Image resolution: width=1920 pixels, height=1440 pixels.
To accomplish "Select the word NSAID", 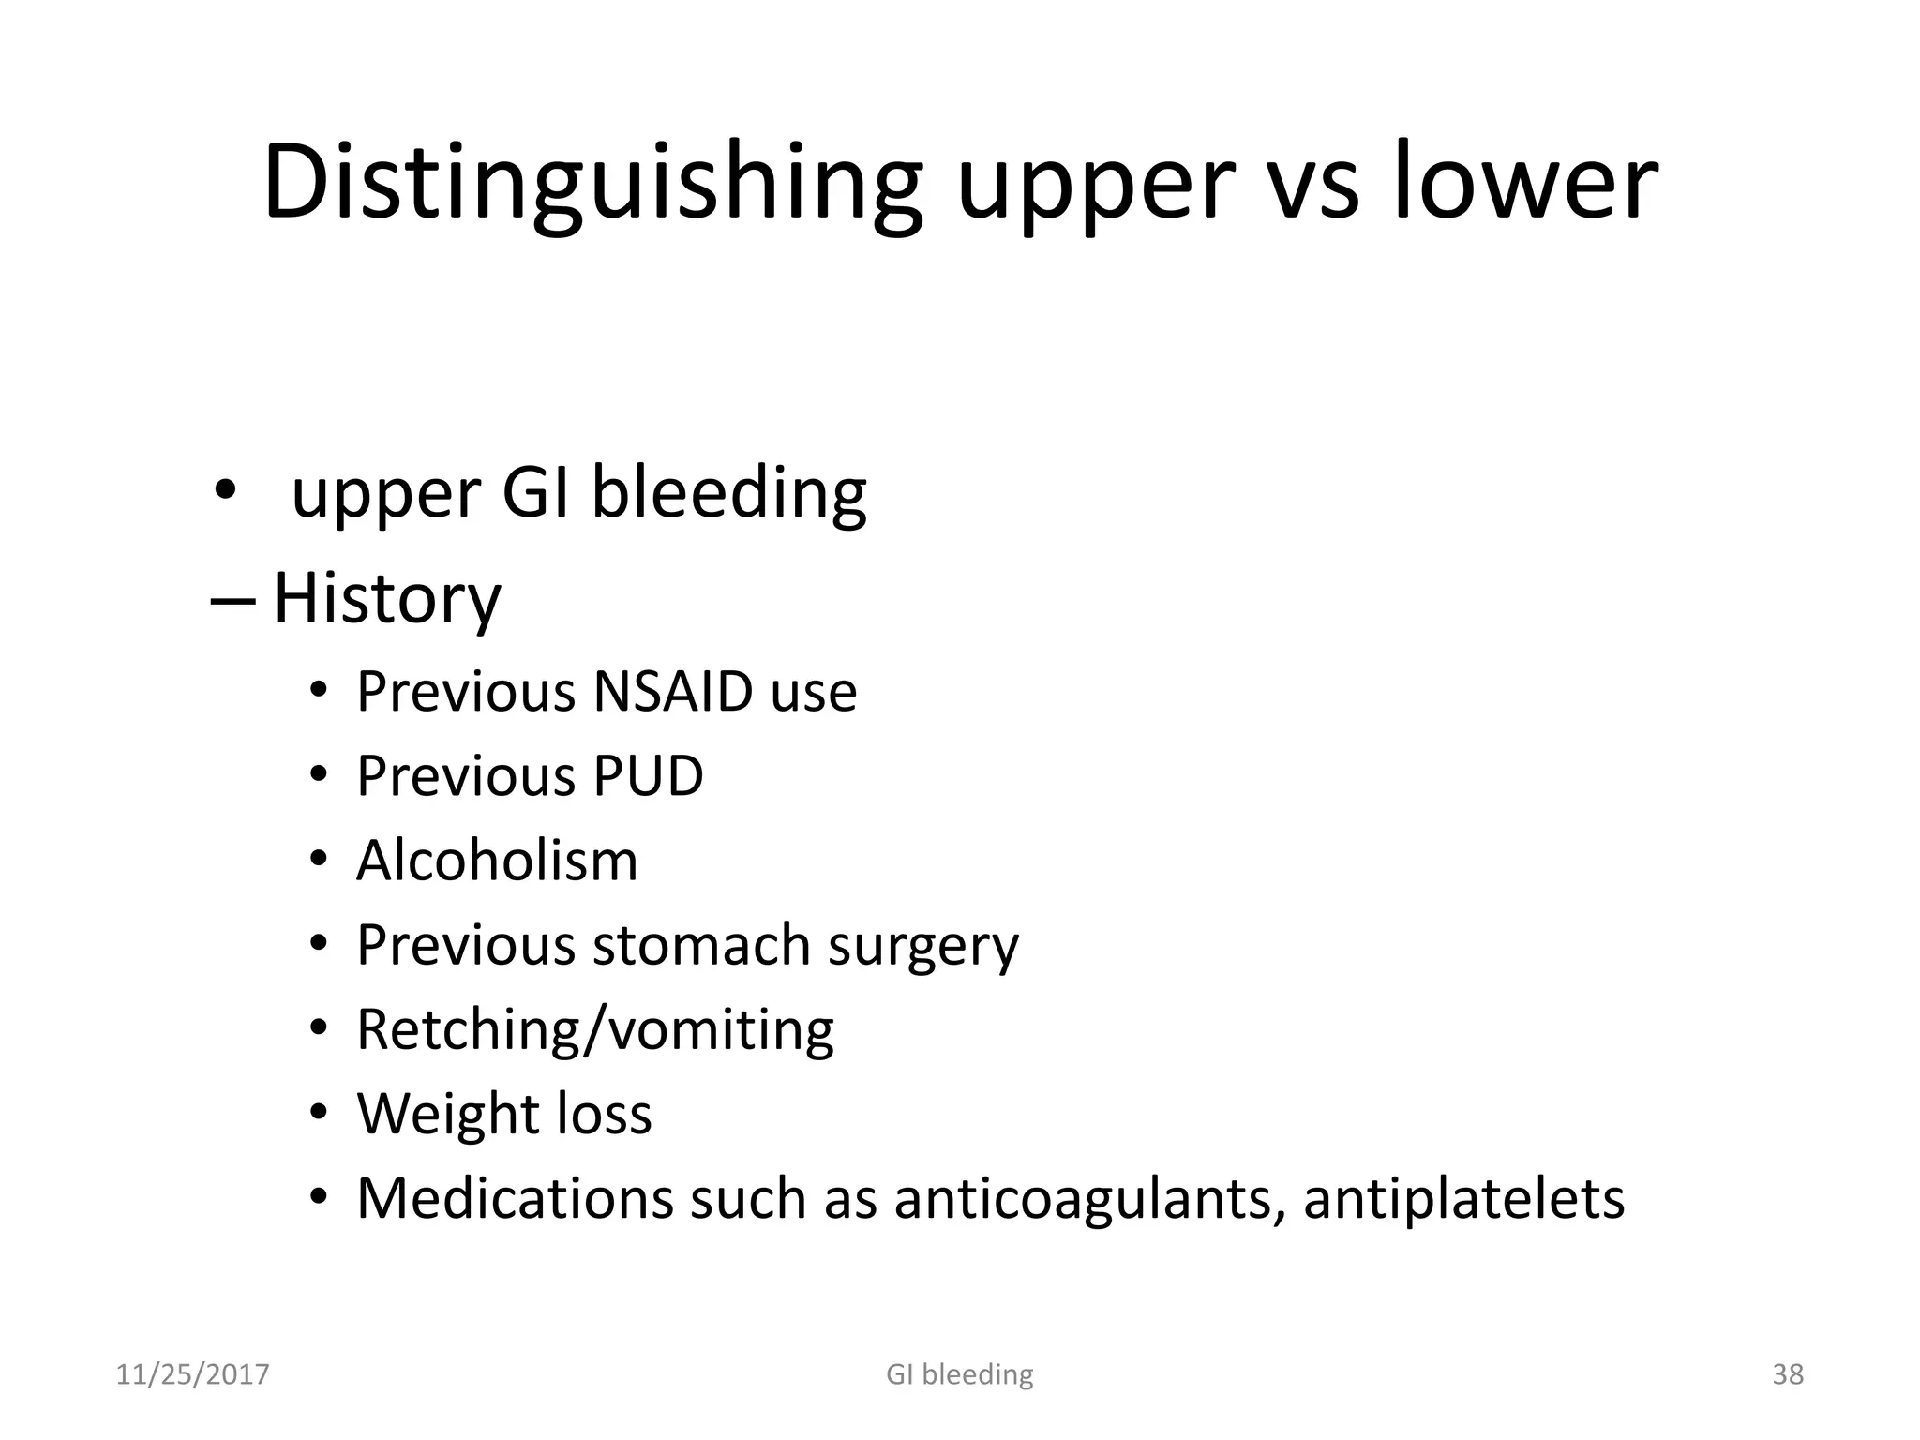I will pyautogui.click(x=673, y=692).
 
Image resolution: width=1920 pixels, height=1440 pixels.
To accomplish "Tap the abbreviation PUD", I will pyautogui.click(x=648, y=776).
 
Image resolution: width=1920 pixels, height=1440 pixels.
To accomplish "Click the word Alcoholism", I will pyautogui.click(x=497, y=861).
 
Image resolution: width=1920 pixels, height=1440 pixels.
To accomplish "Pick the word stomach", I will pyautogui.click(x=701, y=945).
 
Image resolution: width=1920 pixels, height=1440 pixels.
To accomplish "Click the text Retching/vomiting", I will pyautogui.click(x=595, y=1030).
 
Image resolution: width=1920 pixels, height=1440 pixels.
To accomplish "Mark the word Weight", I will pyautogui.click(x=447, y=1115).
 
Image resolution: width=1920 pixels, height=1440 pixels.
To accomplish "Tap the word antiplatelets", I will pyautogui.click(x=1463, y=1199).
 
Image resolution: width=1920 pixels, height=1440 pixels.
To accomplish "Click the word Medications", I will pyautogui.click(x=515, y=1199).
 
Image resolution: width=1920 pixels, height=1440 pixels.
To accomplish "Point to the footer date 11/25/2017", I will pyautogui.click(x=192, y=1374).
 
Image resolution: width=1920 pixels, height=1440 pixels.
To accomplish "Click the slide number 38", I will pyautogui.click(x=1788, y=1374).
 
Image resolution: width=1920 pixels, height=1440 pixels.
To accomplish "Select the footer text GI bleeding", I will pyautogui.click(x=959, y=1374).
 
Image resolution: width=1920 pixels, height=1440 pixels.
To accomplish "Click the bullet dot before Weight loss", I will pyautogui.click(x=319, y=1113).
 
